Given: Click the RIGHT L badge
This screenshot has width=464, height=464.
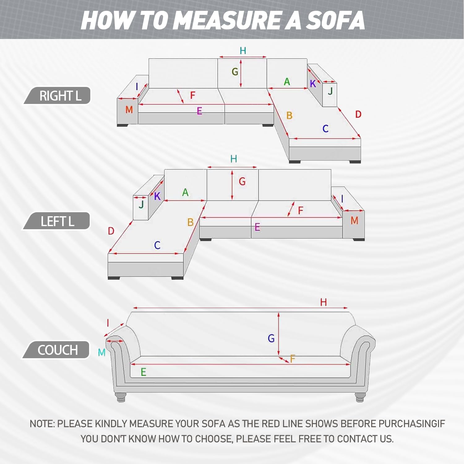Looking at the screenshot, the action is (x=58, y=96).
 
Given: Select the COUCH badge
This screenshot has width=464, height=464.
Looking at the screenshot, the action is (x=56, y=350).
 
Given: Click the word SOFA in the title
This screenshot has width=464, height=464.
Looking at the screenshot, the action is (x=336, y=20).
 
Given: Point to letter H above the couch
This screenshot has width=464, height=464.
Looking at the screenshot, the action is (x=324, y=302).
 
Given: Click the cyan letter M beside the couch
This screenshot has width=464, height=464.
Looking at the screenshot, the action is (x=101, y=352).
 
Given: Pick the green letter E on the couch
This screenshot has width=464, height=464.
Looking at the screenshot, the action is (x=143, y=372).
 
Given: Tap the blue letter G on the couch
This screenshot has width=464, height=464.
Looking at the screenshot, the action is (x=271, y=338).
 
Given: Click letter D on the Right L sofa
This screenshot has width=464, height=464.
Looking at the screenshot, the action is (x=358, y=114).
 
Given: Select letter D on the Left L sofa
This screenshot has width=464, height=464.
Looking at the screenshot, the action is (x=111, y=231).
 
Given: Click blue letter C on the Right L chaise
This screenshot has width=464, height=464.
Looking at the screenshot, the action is (x=325, y=129).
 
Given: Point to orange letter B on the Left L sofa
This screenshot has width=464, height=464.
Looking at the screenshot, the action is (x=190, y=222).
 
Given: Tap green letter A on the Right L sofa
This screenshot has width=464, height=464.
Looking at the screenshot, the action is (x=287, y=82).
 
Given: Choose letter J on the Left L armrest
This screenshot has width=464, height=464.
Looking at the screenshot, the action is (x=141, y=204).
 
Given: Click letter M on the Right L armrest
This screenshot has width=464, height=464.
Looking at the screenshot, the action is (x=129, y=110).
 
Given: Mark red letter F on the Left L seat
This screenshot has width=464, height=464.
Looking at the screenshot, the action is (x=300, y=211).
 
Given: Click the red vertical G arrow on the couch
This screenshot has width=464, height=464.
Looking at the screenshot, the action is (x=279, y=334).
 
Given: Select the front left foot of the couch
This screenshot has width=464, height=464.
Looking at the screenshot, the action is (x=121, y=397).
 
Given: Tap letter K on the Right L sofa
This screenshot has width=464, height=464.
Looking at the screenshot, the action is (x=313, y=84).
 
